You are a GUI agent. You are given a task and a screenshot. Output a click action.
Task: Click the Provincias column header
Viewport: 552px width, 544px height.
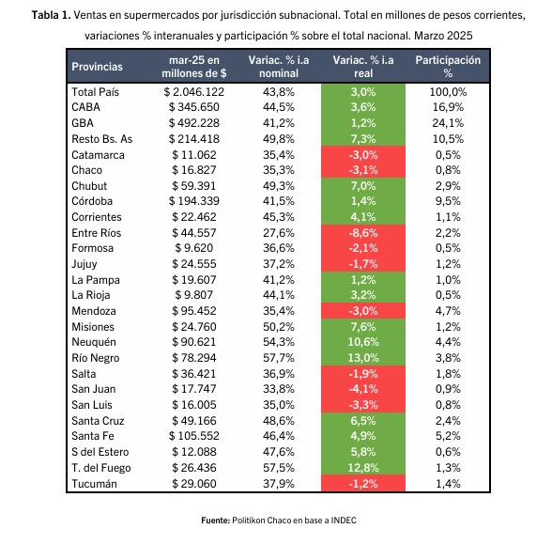(98, 67)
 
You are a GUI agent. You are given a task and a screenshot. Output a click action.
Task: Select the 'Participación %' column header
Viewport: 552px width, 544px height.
(448, 67)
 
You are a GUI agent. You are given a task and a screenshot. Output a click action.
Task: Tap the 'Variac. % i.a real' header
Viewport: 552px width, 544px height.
(363, 67)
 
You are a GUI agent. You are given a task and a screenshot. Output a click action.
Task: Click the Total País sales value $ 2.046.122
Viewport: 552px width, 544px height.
(194, 92)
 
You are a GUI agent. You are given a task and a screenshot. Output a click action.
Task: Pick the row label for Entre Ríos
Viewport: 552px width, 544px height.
(96, 233)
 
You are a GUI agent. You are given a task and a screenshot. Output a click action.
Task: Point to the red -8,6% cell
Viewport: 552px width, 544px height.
(363, 233)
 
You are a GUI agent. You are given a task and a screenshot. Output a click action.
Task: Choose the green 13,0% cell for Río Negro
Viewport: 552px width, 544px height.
(363, 358)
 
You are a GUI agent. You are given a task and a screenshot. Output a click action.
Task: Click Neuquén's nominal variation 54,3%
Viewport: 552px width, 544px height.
(279, 342)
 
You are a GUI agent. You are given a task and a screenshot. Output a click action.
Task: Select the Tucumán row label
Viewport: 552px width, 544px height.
(94, 484)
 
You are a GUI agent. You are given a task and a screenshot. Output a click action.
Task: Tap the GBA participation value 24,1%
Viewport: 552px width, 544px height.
(448, 123)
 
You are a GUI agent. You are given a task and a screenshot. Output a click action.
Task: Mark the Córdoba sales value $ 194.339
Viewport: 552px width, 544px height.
(194, 201)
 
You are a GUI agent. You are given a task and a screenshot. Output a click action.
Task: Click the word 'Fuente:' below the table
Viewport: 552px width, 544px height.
(216, 521)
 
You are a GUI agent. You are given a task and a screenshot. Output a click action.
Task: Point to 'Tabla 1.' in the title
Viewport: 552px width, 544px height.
(51, 15)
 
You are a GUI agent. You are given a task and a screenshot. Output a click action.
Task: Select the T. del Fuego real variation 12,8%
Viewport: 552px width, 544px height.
(363, 468)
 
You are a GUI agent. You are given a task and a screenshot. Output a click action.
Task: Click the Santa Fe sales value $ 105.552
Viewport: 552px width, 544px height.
(194, 436)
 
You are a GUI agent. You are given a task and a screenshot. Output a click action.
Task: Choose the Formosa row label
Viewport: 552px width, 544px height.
(93, 248)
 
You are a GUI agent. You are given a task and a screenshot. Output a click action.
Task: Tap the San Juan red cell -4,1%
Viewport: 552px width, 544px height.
(363, 389)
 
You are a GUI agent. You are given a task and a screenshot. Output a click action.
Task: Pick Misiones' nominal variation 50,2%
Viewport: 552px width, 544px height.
(279, 327)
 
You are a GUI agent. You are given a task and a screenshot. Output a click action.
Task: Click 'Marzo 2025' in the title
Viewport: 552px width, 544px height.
(443, 36)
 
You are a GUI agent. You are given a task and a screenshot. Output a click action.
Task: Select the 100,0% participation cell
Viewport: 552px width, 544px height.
(448, 92)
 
